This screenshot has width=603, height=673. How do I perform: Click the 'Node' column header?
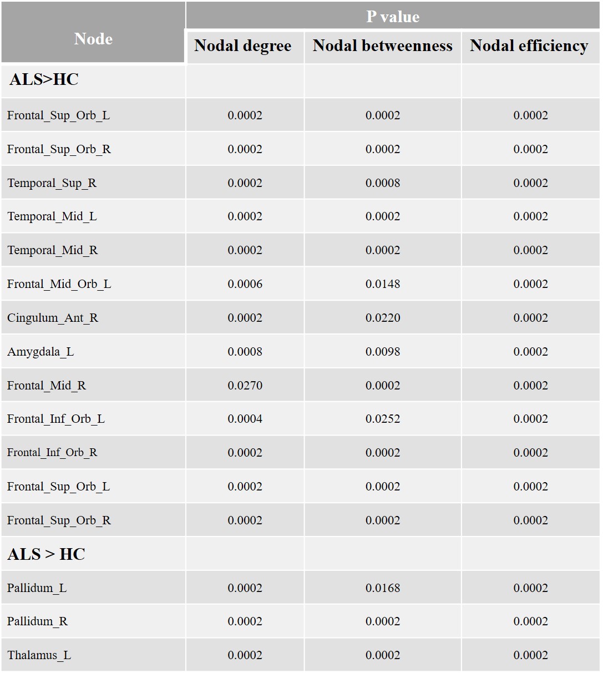click(x=93, y=39)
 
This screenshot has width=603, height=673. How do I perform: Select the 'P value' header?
click(x=392, y=17)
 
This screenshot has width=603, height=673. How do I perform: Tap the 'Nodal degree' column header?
click(x=242, y=46)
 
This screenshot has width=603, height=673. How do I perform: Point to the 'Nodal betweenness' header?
click(x=382, y=46)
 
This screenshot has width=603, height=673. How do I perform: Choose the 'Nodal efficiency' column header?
click(x=529, y=46)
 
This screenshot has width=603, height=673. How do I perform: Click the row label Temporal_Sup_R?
click(x=52, y=183)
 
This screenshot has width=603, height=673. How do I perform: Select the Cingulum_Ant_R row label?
click(x=53, y=318)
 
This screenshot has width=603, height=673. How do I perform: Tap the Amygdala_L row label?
click(x=40, y=352)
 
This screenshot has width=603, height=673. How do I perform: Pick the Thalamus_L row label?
click(x=39, y=655)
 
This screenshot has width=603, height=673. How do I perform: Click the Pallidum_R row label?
click(x=37, y=621)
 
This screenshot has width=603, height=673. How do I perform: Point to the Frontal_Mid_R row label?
click(x=47, y=386)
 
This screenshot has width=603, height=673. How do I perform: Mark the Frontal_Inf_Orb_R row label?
click(x=52, y=453)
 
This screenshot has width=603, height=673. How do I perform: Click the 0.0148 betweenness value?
click(x=383, y=284)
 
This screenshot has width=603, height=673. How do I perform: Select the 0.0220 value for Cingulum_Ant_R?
click(x=383, y=318)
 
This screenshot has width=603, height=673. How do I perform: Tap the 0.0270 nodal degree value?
click(x=245, y=386)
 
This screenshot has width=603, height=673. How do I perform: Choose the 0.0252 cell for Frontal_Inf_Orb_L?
click(x=383, y=419)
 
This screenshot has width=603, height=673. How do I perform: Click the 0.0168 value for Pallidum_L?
click(x=383, y=588)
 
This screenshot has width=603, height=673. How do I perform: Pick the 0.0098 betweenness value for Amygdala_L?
click(x=383, y=352)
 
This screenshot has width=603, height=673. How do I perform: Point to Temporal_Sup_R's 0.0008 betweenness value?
click(x=383, y=183)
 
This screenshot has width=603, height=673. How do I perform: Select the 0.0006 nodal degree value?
click(x=245, y=284)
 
